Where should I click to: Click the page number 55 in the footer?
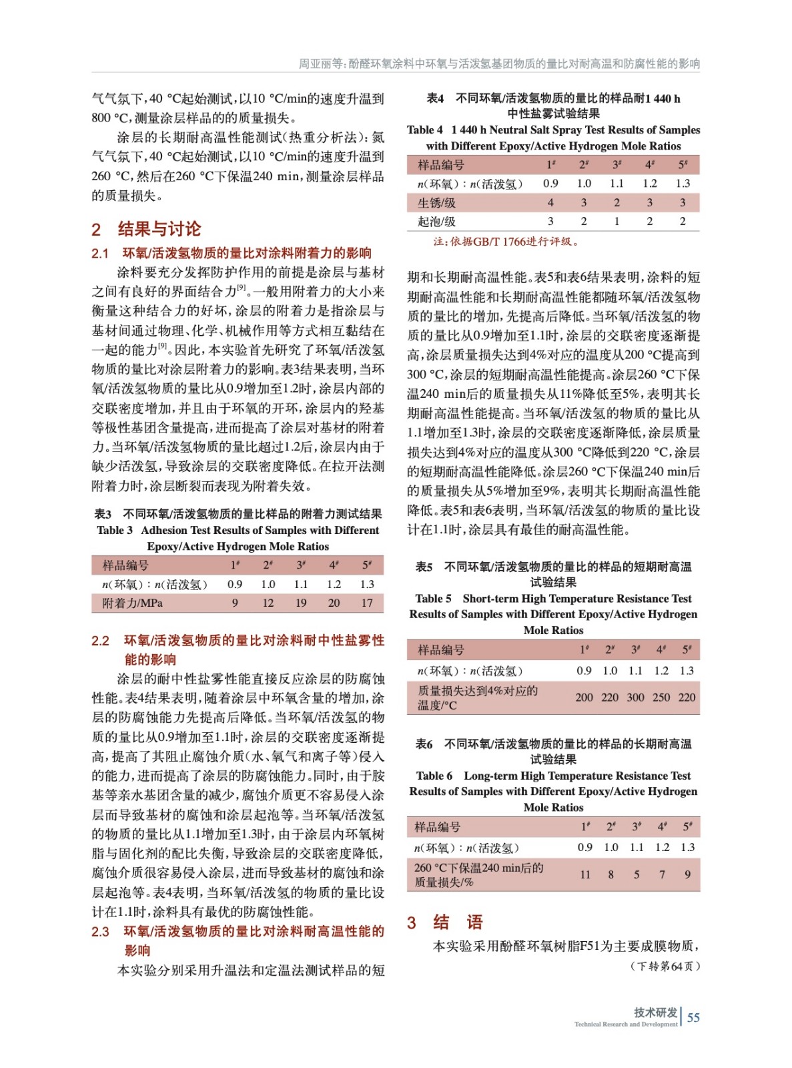[693, 1017]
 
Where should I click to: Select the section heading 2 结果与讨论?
[146, 229]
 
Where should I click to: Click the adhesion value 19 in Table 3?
[301, 603]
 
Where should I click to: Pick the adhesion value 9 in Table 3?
[235, 603]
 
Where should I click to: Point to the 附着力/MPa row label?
[132, 603]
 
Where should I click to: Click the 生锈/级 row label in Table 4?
[437, 203]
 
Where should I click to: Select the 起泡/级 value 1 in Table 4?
[617, 222]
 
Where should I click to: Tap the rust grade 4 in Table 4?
[550, 203]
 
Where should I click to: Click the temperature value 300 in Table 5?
[635, 698]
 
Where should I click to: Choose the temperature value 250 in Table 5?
[661, 698]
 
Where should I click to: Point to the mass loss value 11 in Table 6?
[585, 874]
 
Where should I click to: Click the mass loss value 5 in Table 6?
[637, 874]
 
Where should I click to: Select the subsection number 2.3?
[100, 932]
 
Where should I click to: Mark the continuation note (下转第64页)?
[665, 966]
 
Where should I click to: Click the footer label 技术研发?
[655, 1013]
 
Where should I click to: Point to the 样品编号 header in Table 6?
[437, 827]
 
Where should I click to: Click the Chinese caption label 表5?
[424, 567]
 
